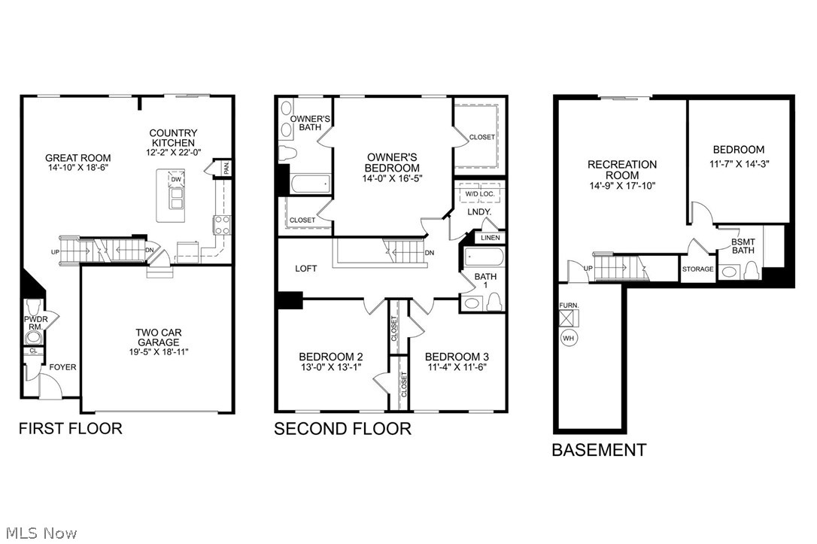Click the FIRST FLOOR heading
69,429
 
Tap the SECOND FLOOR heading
342,430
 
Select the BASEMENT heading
598,451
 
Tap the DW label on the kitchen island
175,180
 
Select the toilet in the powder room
33,308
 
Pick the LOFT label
305,268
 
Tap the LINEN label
490,238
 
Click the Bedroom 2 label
331,357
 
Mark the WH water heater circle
568,339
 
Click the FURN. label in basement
568,306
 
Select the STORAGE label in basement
697,269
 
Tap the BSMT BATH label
743,245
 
